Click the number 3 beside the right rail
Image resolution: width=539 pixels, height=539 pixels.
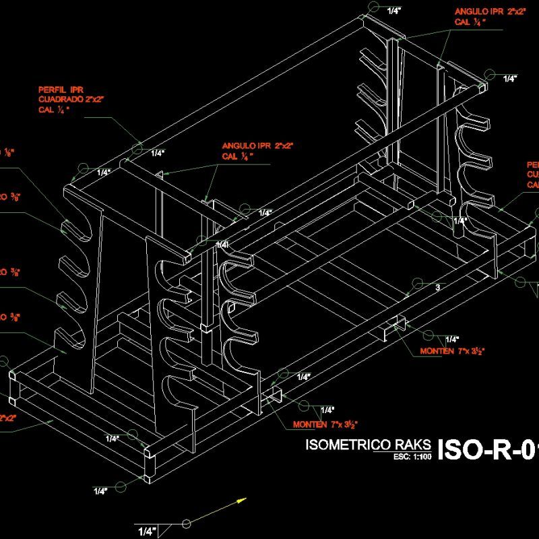pos(437,288)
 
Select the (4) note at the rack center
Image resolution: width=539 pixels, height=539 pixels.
pos(223,244)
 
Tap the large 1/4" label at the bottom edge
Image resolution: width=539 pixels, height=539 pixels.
pos(147,532)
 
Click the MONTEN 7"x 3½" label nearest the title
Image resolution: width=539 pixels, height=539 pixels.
pos(325,424)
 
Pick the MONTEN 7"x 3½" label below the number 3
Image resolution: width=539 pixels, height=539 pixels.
pos(453,351)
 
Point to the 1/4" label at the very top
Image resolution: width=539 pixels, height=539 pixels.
pos(394,11)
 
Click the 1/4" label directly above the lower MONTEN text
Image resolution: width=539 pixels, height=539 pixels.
pos(327,410)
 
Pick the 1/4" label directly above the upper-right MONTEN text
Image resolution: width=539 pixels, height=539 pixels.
pos(451,339)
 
